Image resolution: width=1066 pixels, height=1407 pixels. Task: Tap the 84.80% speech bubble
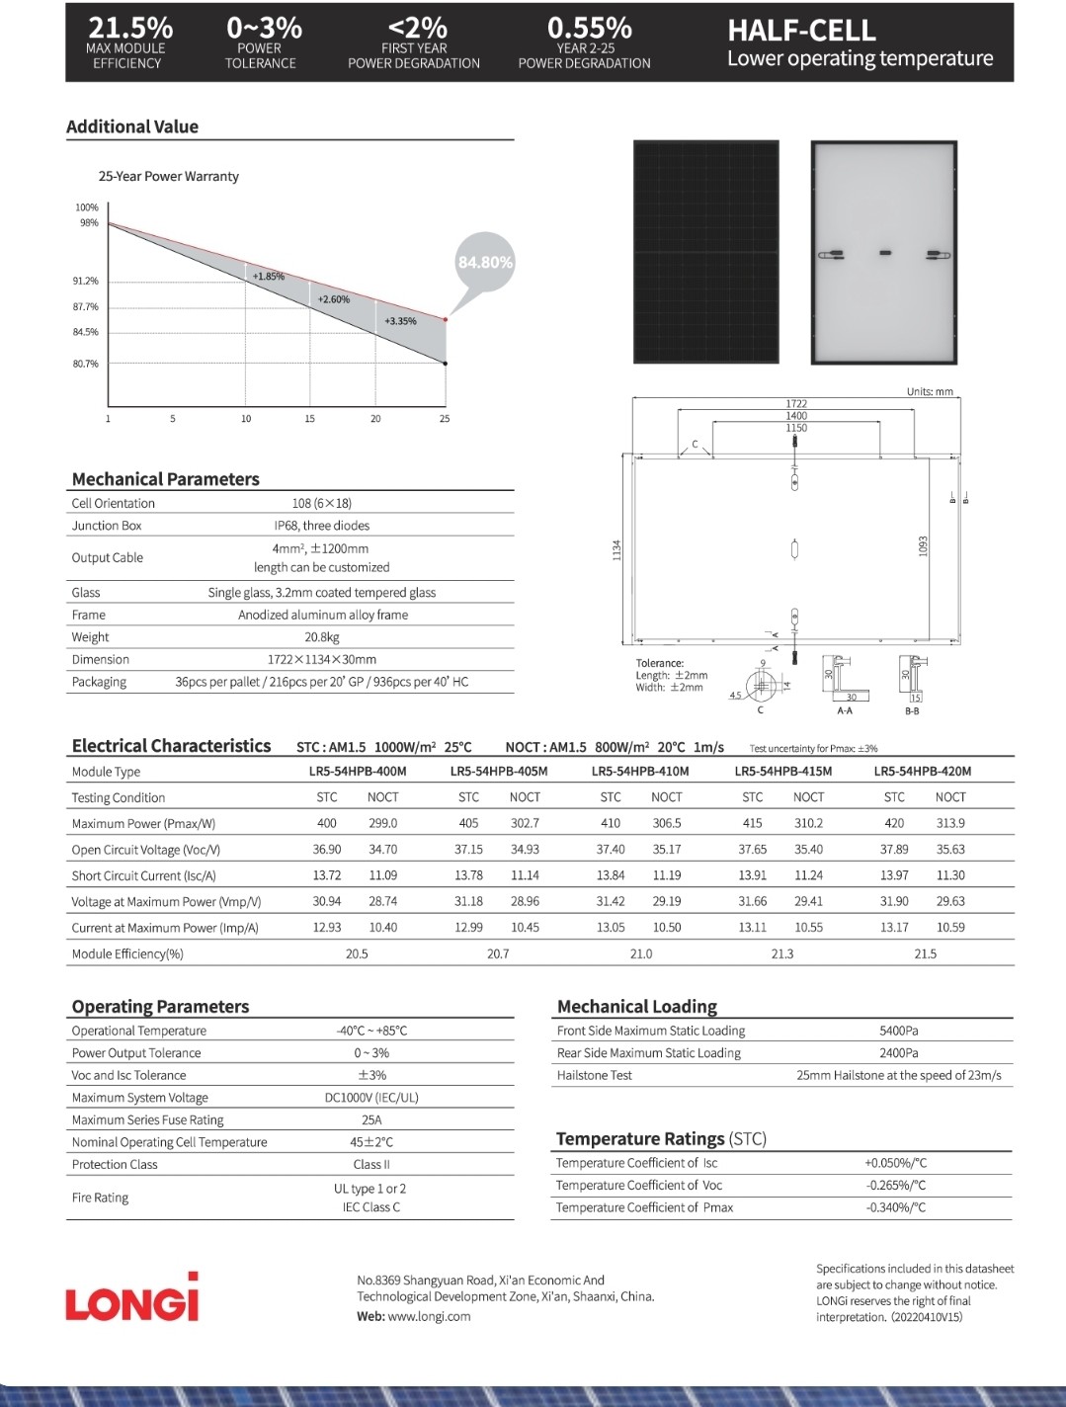pos(485,262)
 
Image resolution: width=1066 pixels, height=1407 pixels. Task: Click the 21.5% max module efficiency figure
pos(130,28)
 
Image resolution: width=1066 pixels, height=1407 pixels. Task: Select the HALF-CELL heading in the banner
pos(801,30)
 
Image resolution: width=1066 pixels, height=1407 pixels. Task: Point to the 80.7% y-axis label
pos(86,364)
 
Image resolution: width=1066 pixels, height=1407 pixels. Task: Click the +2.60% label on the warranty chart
pos(333,298)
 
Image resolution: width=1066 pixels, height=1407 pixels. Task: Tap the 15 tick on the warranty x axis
pos(309,419)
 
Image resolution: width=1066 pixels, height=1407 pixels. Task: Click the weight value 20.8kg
pos(322,637)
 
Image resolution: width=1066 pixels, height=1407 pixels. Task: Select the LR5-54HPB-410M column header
pos(640,771)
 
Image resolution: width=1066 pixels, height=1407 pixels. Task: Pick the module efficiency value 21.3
pos(782,953)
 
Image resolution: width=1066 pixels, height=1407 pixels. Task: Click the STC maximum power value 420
pos(894,823)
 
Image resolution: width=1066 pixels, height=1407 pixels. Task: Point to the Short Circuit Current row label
pos(143,875)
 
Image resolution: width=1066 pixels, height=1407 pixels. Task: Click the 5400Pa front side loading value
pos(898,1031)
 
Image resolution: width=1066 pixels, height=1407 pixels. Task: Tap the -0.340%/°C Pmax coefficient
pos(895,1207)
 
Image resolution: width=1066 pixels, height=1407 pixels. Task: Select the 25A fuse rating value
pos(371,1119)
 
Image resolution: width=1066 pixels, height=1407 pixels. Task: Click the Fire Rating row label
pos(100,1198)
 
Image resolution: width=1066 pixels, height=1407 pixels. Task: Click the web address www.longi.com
pos(429,1316)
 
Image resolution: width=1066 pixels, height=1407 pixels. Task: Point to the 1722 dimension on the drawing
pos(796,403)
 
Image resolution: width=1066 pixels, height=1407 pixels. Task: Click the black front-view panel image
pos(706,252)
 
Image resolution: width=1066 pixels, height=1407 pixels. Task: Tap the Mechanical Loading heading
pos(637,1006)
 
